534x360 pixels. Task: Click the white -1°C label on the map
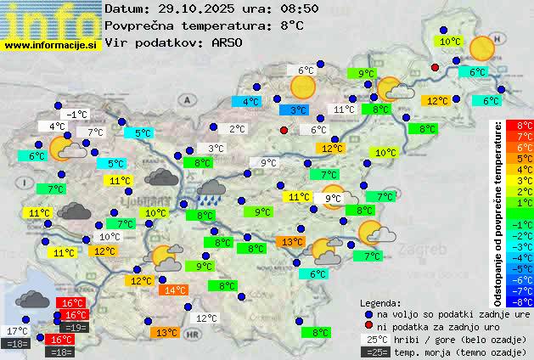pyautogui.click(x=77, y=114)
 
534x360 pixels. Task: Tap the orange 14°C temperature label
pyautogui.click(x=176, y=290)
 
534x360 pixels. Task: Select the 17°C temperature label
pyautogui.click(x=18, y=330)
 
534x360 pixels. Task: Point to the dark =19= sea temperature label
pyautogui.click(x=75, y=327)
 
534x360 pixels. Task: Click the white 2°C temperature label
pyautogui.click(x=237, y=129)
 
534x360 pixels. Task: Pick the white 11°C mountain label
pyautogui.click(x=344, y=110)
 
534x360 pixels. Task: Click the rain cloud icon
pyautogui.click(x=210, y=191)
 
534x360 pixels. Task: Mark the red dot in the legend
pyautogui.click(x=368, y=326)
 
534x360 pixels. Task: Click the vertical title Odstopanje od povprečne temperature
pyautogui.click(x=498, y=212)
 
